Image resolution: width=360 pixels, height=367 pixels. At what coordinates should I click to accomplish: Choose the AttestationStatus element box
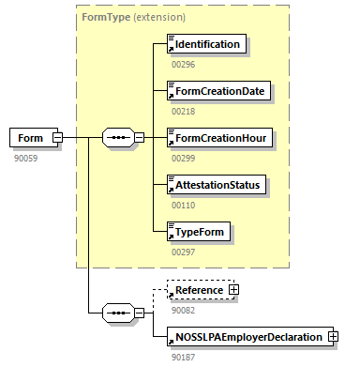[215, 185]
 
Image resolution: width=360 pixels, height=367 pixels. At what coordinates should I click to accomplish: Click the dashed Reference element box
[196, 291]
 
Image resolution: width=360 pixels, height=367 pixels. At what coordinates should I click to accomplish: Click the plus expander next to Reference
[234, 291]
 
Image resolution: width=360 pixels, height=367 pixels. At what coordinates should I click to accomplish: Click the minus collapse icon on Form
[57, 138]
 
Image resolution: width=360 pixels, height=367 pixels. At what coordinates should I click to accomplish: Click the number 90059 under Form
[25, 158]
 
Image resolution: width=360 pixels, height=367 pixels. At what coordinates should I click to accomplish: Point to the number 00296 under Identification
[182, 64]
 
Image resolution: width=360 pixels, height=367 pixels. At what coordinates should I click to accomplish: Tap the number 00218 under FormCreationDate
[182, 111]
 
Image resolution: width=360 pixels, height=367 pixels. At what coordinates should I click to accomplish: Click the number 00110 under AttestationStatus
[182, 205]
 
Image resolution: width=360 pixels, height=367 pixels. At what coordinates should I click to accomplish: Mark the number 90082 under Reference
[182, 310]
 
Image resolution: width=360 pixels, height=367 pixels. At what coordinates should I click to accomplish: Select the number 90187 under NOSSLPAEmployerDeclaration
[182, 357]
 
